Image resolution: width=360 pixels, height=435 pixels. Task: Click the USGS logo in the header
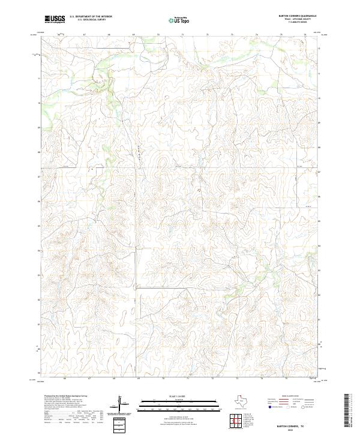coord(55,19)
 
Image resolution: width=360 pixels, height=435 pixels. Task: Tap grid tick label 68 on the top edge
coord(109,35)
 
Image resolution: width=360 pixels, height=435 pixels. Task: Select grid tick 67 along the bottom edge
coord(89,379)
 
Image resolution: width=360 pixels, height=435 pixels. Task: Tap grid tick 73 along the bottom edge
coord(237,379)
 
